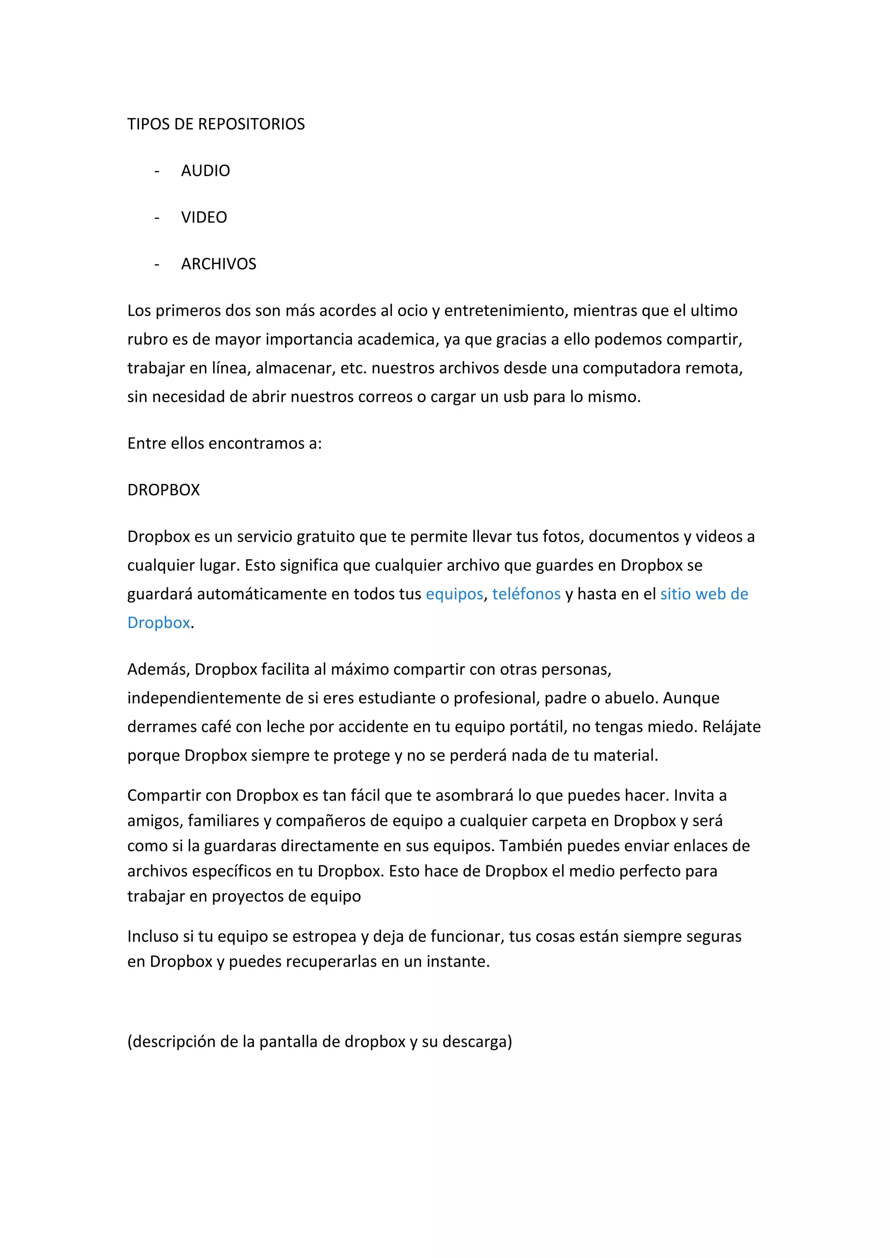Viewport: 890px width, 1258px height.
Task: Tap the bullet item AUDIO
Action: (206, 171)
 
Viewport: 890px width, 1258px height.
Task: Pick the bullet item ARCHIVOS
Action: (219, 264)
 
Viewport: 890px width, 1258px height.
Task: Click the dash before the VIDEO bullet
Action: (157, 218)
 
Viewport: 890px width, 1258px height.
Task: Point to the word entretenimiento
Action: (506, 311)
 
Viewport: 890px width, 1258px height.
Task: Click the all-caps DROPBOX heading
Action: (163, 490)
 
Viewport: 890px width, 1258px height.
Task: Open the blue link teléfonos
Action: (526, 594)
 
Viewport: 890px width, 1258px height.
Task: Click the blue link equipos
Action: (454, 594)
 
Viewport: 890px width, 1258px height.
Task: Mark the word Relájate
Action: (732, 727)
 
